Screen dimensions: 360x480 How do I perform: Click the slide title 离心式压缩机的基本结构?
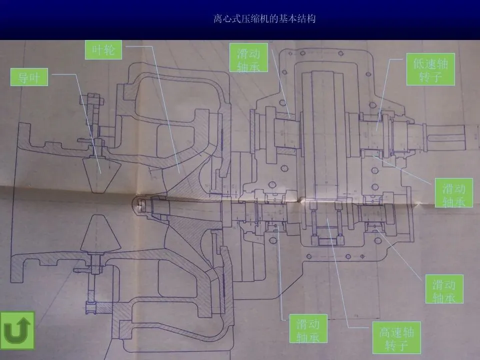click(264, 19)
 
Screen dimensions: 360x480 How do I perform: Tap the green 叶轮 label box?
click(103, 50)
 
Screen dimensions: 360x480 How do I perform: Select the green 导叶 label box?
click(29, 78)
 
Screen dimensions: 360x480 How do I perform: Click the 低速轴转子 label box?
click(430, 69)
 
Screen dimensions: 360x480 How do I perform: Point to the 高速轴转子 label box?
click(396, 337)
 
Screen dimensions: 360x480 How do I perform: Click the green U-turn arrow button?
click(17, 330)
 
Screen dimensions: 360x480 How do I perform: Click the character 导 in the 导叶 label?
click(23, 78)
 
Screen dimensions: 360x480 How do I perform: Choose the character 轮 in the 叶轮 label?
click(109, 50)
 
